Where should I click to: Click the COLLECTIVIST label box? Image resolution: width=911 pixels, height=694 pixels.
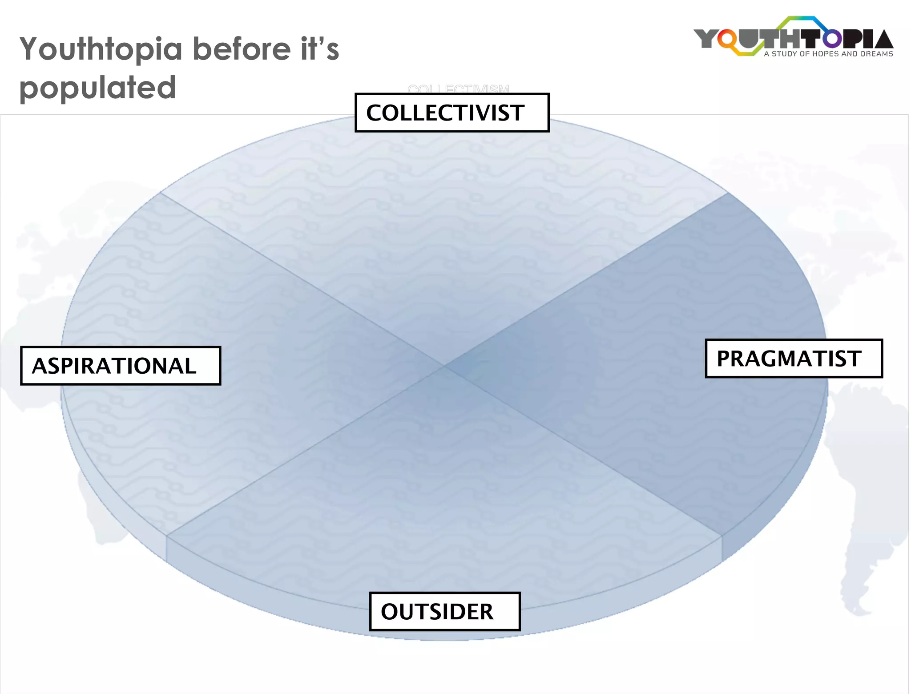coord(452,113)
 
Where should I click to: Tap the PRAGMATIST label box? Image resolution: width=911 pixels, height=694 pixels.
coord(794,359)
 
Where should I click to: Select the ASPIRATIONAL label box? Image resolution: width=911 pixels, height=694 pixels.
coord(121,366)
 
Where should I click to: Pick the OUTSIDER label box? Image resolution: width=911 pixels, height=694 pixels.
coord(445,612)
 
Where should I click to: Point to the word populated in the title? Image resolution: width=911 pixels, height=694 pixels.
coord(98,88)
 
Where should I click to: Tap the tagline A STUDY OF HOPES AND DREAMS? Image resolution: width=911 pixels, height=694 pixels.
coord(828,54)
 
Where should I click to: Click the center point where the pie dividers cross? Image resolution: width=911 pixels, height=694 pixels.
coord(444,366)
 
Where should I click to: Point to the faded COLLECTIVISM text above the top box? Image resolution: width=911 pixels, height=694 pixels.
coord(458,89)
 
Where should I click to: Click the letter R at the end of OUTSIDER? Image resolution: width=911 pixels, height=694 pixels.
coord(486,612)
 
